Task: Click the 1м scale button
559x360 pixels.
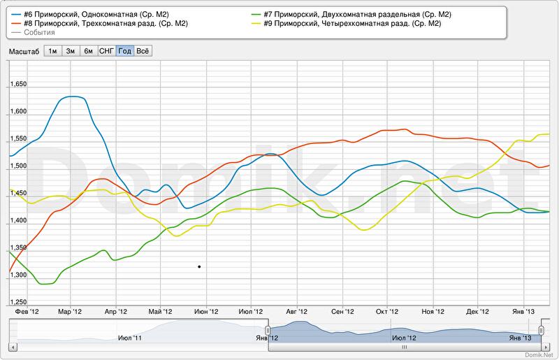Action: (x=52, y=51)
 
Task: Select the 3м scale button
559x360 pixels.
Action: (x=71, y=51)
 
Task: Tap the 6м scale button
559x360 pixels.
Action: (x=89, y=51)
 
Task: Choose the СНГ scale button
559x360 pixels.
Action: (x=107, y=51)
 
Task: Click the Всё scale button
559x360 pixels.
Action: (x=143, y=51)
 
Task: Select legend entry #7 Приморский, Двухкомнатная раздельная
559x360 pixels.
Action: (x=357, y=15)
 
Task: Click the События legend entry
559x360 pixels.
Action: (x=39, y=33)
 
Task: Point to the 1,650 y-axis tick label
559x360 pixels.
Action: (x=17, y=85)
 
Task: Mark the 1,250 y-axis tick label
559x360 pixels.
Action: (x=17, y=302)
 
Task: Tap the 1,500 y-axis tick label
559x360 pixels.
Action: (x=17, y=166)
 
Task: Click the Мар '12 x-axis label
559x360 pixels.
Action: (x=69, y=312)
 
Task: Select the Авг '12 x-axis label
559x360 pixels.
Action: (x=296, y=312)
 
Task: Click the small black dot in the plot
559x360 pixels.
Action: (x=199, y=266)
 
